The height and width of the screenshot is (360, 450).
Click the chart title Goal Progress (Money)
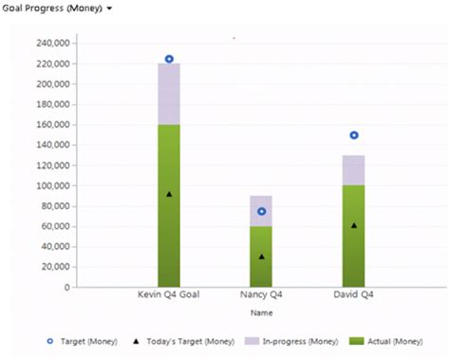click(x=50, y=8)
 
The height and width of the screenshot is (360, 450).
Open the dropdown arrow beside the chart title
click(x=110, y=9)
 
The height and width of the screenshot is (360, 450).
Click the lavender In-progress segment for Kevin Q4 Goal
click(x=169, y=94)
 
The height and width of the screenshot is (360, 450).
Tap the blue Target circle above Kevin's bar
click(x=169, y=59)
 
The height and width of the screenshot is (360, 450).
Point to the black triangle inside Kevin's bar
click(x=169, y=194)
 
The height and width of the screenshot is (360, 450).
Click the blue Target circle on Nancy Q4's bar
click(x=261, y=211)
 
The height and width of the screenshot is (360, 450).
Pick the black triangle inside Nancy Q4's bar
click(x=261, y=256)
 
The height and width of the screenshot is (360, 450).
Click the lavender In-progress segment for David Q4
click(x=353, y=170)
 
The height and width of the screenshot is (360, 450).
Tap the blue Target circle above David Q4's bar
click(x=353, y=135)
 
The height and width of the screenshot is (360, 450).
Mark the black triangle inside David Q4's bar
click(x=353, y=225)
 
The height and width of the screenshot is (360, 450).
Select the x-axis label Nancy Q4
click(x=261, y=295)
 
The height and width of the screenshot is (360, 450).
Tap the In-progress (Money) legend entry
click(x=293, y=341)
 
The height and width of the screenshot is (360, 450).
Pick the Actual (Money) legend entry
click(x=391, y=341)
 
